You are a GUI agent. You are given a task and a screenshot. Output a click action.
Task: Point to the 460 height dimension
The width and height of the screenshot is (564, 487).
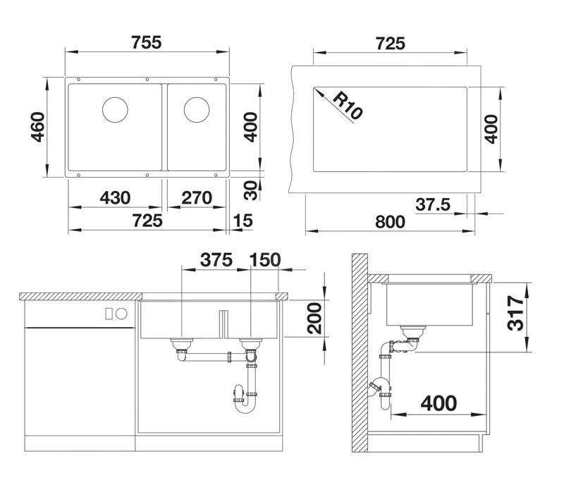click(x=39, y=127)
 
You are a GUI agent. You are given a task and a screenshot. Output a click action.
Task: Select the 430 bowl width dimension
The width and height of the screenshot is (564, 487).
click(x=114, y=198)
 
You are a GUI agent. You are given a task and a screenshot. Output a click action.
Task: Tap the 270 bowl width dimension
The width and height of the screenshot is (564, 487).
click(x=197, y=198)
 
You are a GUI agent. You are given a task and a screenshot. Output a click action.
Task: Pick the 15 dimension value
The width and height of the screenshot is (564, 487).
click(x=242, y=221)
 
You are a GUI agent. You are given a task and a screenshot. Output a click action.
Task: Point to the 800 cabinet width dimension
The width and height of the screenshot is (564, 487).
click(x=389, y=222)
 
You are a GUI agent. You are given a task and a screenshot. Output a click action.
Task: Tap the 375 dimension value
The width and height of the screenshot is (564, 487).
click(x=216, y=259)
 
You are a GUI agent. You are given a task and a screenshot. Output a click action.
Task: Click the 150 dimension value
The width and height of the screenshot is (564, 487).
click(x=264, y=259)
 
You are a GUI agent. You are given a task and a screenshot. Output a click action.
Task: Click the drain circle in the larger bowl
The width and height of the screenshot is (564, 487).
click(x=115, y=110)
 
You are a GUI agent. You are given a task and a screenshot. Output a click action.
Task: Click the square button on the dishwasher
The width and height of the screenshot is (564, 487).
click(x=109, y=313)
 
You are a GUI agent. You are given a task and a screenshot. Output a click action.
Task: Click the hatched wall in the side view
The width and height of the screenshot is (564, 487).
click(x=360, y=352)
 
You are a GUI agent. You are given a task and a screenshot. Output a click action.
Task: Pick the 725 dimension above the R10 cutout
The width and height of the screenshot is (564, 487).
click(x=389, y=43)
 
